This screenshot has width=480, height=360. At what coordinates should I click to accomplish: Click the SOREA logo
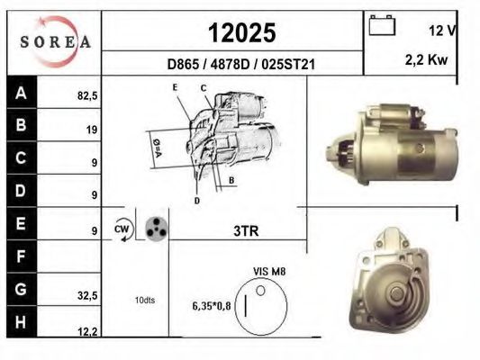[x=55, y=41]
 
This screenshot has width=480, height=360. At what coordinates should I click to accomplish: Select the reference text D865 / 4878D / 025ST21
[x=236, y=65]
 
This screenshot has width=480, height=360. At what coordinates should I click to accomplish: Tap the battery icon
[x=383, y=26]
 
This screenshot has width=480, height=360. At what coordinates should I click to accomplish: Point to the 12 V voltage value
[x=442, y=31]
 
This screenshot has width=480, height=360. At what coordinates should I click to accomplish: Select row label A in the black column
[x=22, y=93]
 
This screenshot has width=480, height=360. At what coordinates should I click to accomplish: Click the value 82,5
[x=86, y=93]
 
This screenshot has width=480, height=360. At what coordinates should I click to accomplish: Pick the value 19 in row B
[x=91, y=129]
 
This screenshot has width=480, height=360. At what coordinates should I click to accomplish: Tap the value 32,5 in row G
[x=86, y=294]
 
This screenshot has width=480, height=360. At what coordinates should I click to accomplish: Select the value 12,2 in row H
[x=86, y=332]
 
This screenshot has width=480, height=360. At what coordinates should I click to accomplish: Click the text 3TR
[x=246, y=231]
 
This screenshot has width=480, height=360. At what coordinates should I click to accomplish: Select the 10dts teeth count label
[x=144, y=300]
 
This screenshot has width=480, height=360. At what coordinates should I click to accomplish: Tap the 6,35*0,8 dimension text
[x=213, y=305]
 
